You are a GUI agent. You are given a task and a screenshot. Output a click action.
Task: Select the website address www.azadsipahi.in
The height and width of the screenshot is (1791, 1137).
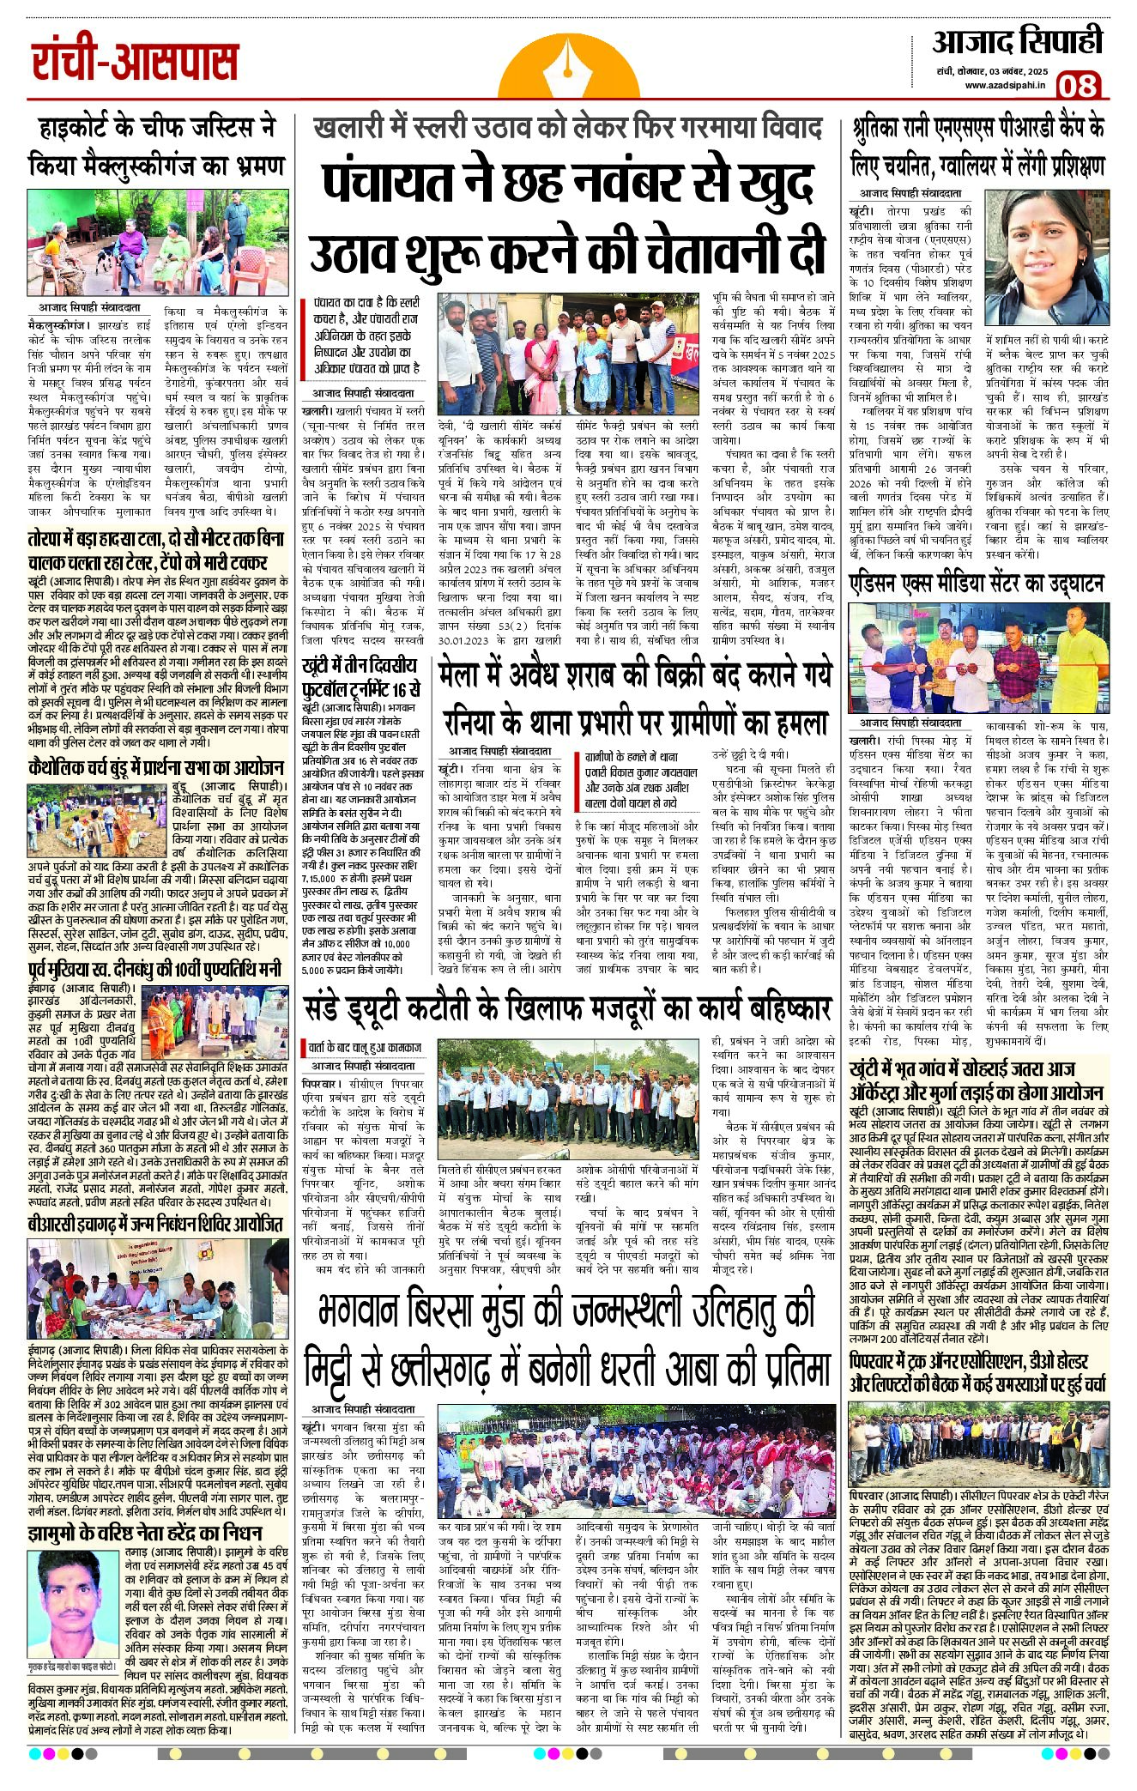tap(1005, 85)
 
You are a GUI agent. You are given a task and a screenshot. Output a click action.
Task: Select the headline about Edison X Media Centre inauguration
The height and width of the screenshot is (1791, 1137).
tap(976, 583)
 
